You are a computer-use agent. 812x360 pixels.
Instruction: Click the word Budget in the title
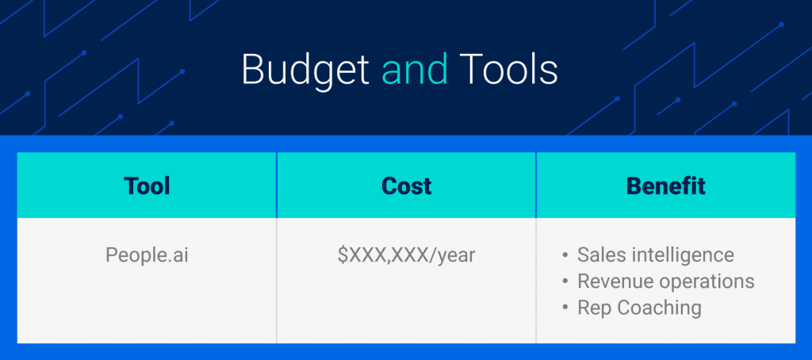tap(305, 71)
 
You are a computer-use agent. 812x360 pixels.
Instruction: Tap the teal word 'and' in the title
tap(414, 70)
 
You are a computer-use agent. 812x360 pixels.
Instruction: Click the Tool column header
tap(147, 186)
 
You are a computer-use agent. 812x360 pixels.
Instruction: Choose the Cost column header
tap(406, 186)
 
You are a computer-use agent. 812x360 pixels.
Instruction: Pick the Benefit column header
tap(665, 186)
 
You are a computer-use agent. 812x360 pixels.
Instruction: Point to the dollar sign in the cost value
tap(343, 255)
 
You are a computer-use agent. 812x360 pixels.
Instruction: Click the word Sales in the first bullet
tap(599, 255)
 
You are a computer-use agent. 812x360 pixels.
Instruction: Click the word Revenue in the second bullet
tap(611, 281)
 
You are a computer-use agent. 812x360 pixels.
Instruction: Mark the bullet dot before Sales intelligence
tap(565, 256)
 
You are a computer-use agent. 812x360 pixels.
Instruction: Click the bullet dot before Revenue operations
tap(565, 282)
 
